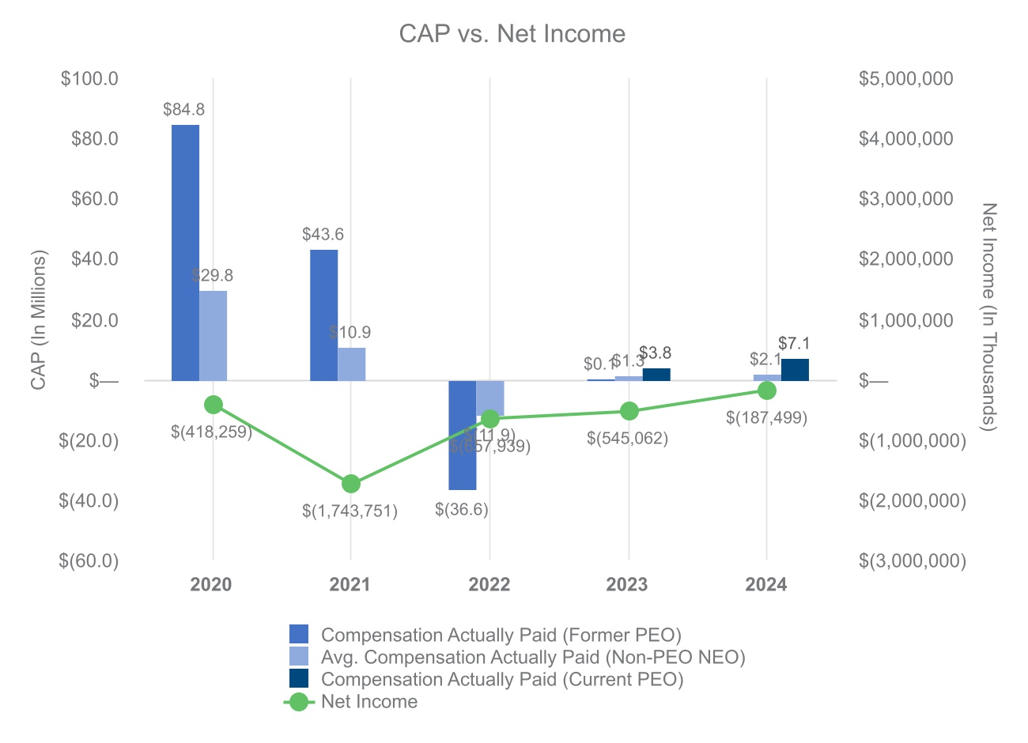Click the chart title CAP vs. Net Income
512,34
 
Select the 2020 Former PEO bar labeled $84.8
185,252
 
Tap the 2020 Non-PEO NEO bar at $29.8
213,336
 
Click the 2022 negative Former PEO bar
462,435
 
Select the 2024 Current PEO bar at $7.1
795,370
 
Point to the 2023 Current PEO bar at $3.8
656,375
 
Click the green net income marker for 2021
351,484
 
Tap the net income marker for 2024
766,390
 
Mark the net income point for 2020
213,405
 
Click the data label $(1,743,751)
350,511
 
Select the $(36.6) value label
462,510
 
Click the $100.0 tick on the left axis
89,78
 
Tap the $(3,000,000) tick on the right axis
912,560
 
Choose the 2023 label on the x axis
627,585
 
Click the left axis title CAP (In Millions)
38,320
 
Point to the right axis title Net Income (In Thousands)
989,317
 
